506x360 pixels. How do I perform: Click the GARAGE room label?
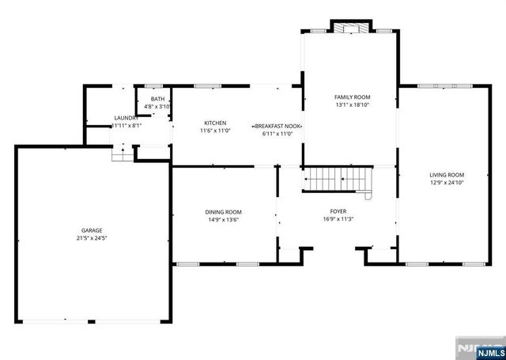pyautogui.click(x=92, y=229)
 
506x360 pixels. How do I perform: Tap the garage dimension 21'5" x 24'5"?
pyautogui.click(x=92, y=237)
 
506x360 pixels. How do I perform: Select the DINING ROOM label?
pyautogui.click(x=223, y=212)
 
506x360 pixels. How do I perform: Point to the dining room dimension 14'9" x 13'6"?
pyautogui.click(x=223, y=220)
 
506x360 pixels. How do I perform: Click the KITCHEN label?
pyautogui.click(x=216, y=123)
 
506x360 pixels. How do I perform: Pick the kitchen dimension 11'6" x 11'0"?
pyautogui.click(x=216, y=131)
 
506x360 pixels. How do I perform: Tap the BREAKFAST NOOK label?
pyautogui.click(x=278, y=126)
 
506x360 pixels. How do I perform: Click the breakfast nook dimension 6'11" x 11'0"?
pyautogui.click(x=278, y=134)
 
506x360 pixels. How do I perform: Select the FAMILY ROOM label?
pyautogui.click(x=353, y=97)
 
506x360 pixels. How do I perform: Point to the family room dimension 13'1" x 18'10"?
pyautogui.click(x=353, y=104)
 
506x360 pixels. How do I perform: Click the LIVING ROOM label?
pyautogui.click(x=447, y=175)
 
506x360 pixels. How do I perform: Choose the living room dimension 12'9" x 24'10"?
pyautogui.click(x=447, y=183)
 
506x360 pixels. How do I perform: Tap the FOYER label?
pyautogui.click(x=338, y=211)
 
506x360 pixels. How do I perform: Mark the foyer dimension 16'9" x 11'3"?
pyautogui.click(x=338, y=219)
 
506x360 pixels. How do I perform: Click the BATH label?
pyautogui.click(x=157, y=99)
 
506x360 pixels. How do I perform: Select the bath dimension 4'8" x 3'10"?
pyautogui.click(x=157, y=106)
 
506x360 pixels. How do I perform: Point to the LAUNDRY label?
pyautogui.click(x=126, y=118)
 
